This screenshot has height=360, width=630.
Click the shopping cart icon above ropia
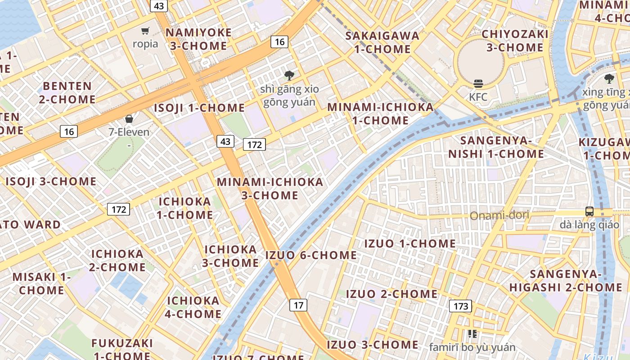point(145,31)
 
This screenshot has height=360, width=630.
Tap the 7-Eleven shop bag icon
point(129,119)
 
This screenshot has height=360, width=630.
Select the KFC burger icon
point(478,84)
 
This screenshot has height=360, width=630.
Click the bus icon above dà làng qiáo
point(589,211)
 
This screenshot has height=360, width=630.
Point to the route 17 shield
point(298,305)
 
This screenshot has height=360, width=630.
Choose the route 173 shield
point(460,306)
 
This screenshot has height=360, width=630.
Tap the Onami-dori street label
point(499,216)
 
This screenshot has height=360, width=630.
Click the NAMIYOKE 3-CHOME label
point(198,39)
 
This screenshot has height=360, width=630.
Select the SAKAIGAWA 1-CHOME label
point(382,42)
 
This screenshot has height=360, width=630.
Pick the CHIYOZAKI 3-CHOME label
point(515,40)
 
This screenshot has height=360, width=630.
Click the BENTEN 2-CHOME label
point(67,92)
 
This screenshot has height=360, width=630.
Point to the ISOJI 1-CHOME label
point(199,108)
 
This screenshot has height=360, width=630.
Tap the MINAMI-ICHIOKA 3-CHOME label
point(270,189)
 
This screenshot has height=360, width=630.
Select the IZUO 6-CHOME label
point(311,255)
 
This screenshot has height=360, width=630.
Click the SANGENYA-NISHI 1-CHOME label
point(496,147)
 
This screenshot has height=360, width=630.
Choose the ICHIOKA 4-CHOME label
point(193,307)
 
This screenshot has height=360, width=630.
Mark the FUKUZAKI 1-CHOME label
point(122,349)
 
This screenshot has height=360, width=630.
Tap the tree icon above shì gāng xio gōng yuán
point(289,76)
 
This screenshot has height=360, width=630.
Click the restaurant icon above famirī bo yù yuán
point(472,334)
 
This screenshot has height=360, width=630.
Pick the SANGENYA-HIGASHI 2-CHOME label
point(566,280)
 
